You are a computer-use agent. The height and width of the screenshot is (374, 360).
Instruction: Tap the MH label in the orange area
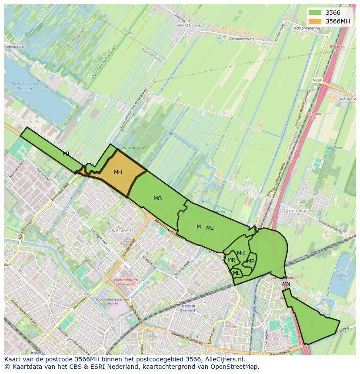click(x=118, y=172)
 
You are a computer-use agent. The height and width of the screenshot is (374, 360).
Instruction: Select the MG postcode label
click(x=157, y=199)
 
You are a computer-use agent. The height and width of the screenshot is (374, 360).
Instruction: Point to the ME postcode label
click(x=210, y=228)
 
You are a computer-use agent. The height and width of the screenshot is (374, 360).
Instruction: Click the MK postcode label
click(x=241, y=253)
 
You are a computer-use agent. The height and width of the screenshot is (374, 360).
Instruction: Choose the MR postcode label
click(x=231, y=260)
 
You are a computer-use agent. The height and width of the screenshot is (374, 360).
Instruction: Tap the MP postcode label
click(x=250, y=261)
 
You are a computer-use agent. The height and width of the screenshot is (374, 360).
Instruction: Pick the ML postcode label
click(x=236, y=273)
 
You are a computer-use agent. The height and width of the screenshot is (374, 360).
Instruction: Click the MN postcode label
click(x=286, y=284)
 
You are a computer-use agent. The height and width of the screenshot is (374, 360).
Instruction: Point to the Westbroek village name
click(x=190, y=26)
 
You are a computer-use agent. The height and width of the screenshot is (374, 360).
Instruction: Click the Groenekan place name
click(x=295, y=210)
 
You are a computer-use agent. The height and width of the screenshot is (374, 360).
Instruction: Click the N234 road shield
click(x=317, y=80)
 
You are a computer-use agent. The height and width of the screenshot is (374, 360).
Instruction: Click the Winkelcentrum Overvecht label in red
click(x=126, y=282)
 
